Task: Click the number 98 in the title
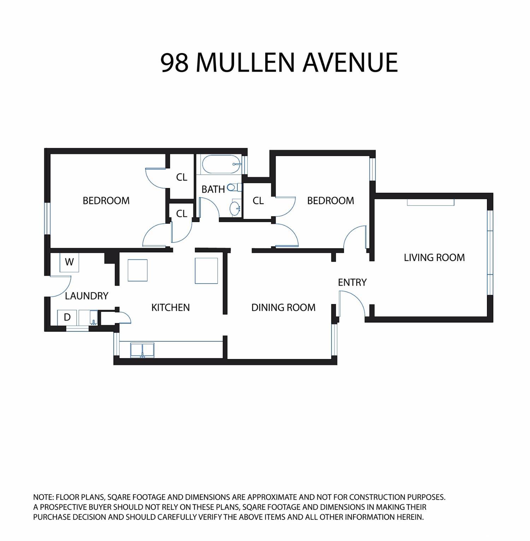(175, 63)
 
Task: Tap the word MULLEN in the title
(245, 63)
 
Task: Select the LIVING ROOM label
(434, 257)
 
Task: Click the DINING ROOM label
(283, 307)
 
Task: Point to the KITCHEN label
(170, 307)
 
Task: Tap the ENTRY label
(352, 282)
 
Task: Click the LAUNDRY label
(87, 296)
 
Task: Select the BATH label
(213, 189)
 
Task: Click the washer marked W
(69, 262)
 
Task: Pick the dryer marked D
(67, 318)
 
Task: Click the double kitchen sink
(142, 350)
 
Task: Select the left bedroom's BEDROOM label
(106, 200)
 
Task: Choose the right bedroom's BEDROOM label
(330, 200)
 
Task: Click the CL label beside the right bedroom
(258, 200)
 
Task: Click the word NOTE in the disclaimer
(43, 497)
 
